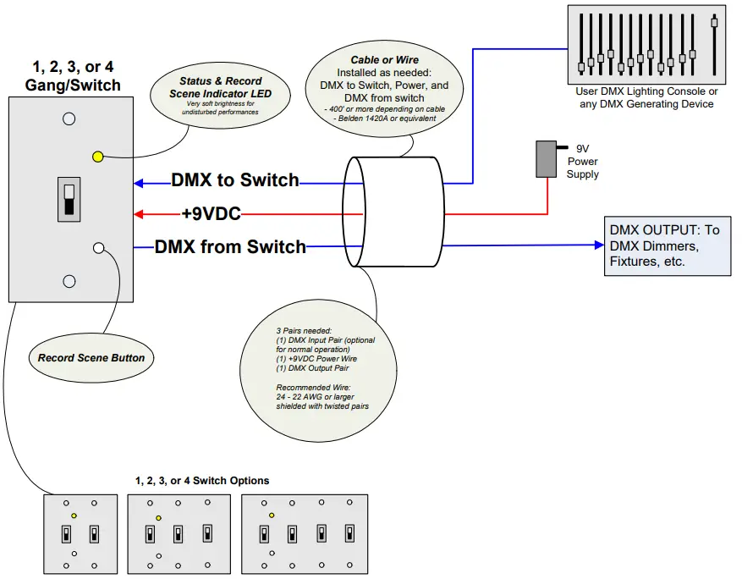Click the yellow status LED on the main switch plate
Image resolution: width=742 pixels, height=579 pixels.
pyautogui.click(x=97, y=157)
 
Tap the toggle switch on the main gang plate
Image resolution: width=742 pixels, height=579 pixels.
pyautogui.click(x=69, y=199)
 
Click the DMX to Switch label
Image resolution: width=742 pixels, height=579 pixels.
pyautogui.click(x=235, y=180)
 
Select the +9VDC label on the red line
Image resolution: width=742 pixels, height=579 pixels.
pyautogui.click(x=211, y=214)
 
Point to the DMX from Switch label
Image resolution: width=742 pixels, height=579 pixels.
pyautogui.click(x=230, y=247)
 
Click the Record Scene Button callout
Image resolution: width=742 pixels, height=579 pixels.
pyautogui.click(x=91, y=358)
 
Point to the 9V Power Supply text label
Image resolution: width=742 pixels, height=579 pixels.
pyautogui.click(x=583, y=161)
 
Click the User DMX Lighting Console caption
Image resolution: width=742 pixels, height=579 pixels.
pyautogui.click(x=646, y=97)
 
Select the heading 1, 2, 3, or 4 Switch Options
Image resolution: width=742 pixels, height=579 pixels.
pyautogui.click(x=202, y=480)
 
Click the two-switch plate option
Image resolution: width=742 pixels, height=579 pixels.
pyautogui.click(x=80, y=534)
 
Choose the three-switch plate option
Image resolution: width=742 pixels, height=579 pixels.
pyautogui.click(x=179, y=534)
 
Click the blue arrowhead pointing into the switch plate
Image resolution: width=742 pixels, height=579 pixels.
pyautogui.click(x=140, y=182)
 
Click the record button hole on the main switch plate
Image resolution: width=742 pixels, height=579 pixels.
pyautogui.click(x=98, y=248)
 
